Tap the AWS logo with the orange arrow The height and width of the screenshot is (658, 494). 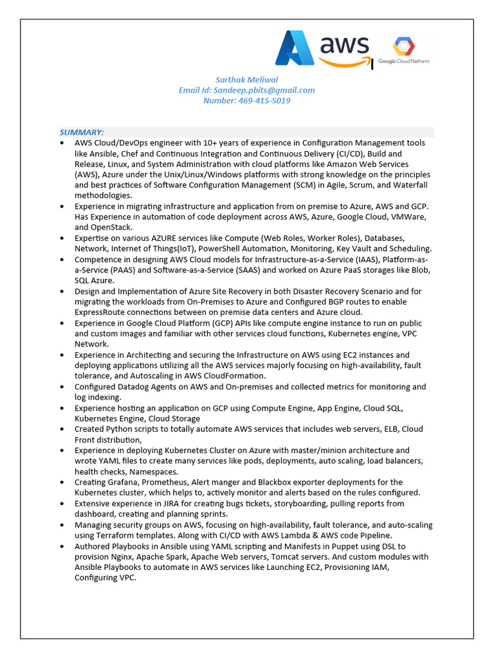[x=344, y=50]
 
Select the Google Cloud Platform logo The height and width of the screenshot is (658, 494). [x=404, y=51]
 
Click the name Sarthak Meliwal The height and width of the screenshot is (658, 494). [x=246, y=80]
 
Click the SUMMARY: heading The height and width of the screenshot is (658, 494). [x=82, y=132]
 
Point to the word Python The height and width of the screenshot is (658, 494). [x=120, y=429]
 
